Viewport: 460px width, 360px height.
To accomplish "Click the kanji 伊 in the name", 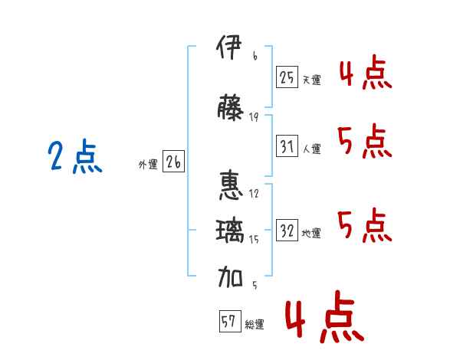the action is [229, 47].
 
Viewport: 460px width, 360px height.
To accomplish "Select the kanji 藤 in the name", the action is [230, 107].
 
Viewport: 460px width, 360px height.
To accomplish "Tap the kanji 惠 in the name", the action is [232, 186].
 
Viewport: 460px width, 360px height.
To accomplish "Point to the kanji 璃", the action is [230, 231].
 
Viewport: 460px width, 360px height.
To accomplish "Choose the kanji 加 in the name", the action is [230, 277].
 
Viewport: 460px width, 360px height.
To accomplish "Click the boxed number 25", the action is [287, 77].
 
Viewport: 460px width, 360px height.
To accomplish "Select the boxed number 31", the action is [287, 146].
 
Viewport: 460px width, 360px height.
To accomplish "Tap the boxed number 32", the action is [287, 230].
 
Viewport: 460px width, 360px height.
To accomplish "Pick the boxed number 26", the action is [173, 162].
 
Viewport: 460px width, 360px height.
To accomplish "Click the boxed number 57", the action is [230, 321].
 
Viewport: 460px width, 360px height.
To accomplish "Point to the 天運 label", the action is [312, 80].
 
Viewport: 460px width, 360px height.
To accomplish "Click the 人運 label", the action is [312, 149].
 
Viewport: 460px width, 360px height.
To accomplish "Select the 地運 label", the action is [311, 234].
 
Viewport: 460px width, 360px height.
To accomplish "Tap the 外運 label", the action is [148, 165].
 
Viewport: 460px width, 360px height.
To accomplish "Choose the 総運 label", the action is [255, 324].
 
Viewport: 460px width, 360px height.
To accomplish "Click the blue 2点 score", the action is [75, 155].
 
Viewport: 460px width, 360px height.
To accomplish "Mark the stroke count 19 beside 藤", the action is [254, 117].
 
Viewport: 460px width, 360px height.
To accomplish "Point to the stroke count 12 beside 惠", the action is [254, 194].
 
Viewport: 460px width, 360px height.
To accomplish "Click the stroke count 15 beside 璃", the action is [254, 239].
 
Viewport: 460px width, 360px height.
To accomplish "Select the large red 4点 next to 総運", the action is [324, 316].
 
